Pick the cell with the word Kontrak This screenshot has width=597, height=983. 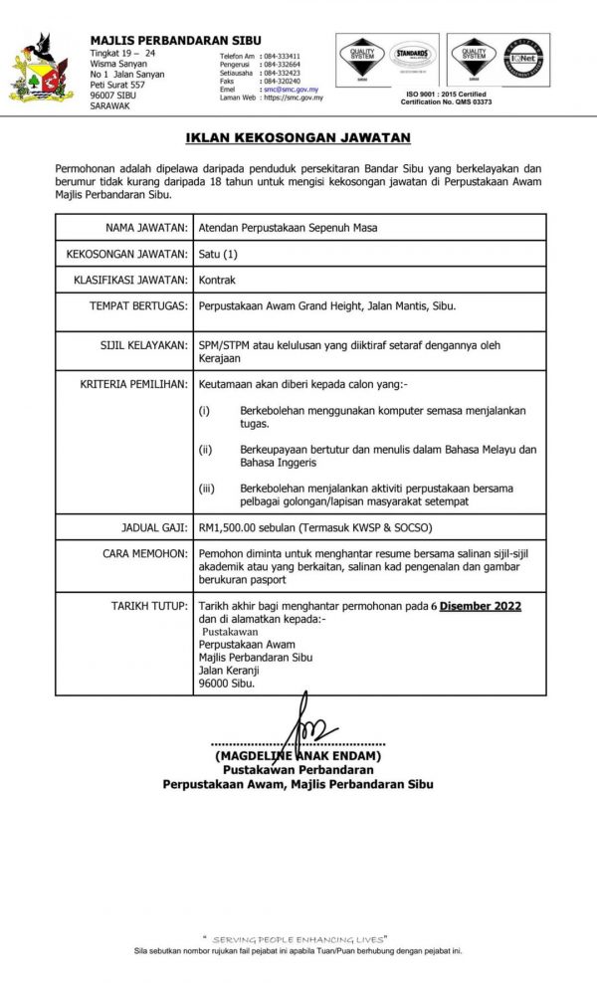pyautogui.click(x=218, y=281)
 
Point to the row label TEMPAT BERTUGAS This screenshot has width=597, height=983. pyautogui.click(x=139, y=307)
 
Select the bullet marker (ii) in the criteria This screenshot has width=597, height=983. pyautogui.click(x=205, y=450)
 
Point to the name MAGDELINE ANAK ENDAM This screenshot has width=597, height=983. pyautogui.click(x=298, y=756)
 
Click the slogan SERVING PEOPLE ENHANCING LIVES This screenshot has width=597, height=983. pyautogui.click(x=298, y=938)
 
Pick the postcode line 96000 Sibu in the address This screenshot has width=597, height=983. pyautogui.click(x=227, y=684)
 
